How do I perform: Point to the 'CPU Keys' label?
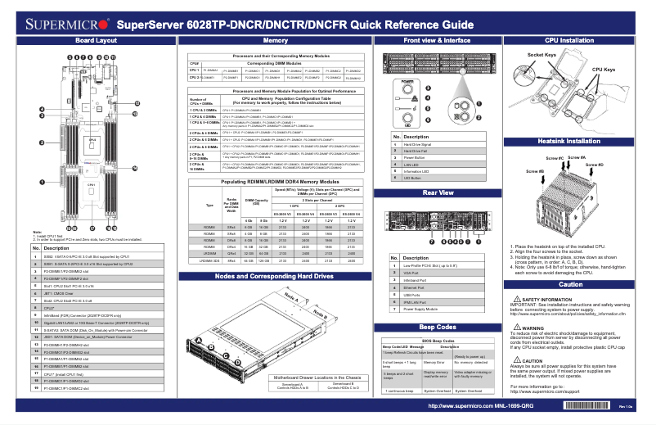tap(604, 70)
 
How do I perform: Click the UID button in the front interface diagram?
tap(407, 120)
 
